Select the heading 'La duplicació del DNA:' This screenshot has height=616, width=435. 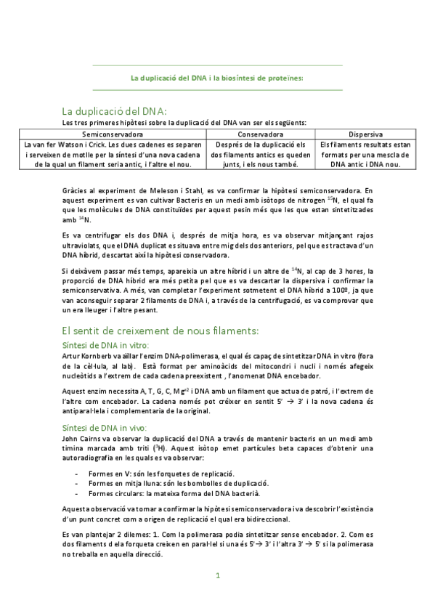pyautogui.click(x=115, y=111)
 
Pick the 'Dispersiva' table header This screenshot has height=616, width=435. pyautogui.click(x=366, y=134)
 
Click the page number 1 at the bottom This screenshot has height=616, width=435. pyautogui.click(x=217, y=577)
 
